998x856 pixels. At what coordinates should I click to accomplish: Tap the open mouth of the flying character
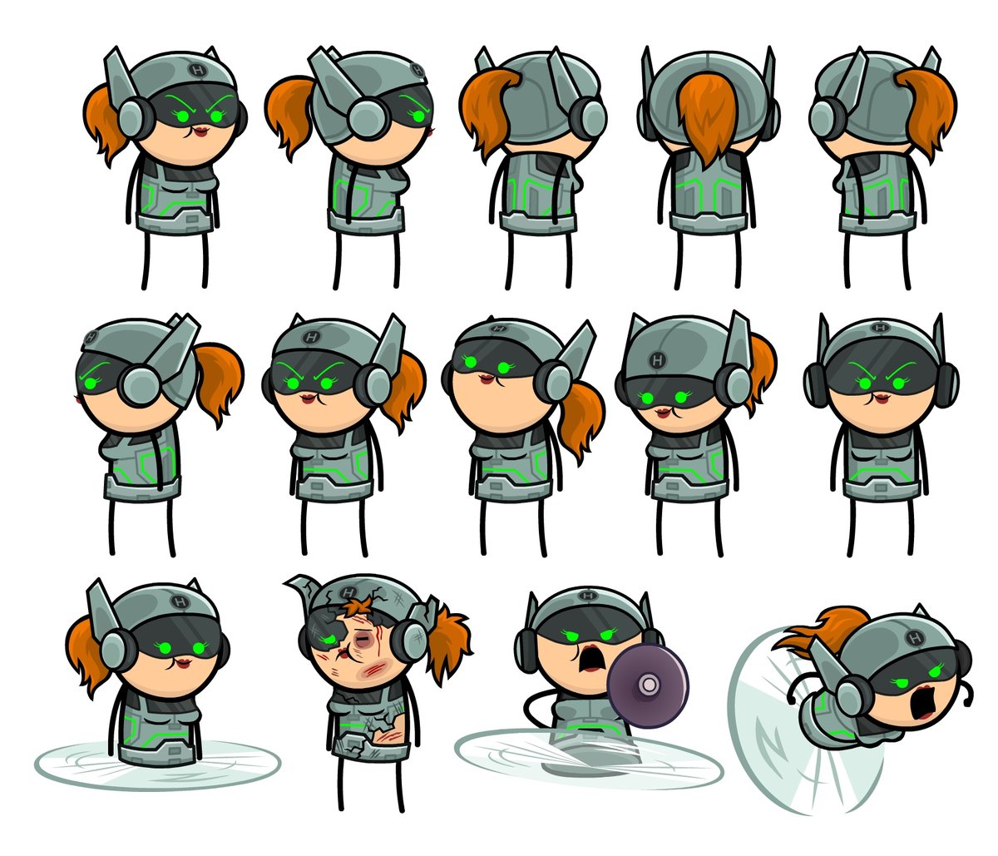point(922,704)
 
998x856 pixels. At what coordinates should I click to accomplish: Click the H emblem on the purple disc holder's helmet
point(588,597)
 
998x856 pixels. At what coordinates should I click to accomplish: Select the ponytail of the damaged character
point(449,641)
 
